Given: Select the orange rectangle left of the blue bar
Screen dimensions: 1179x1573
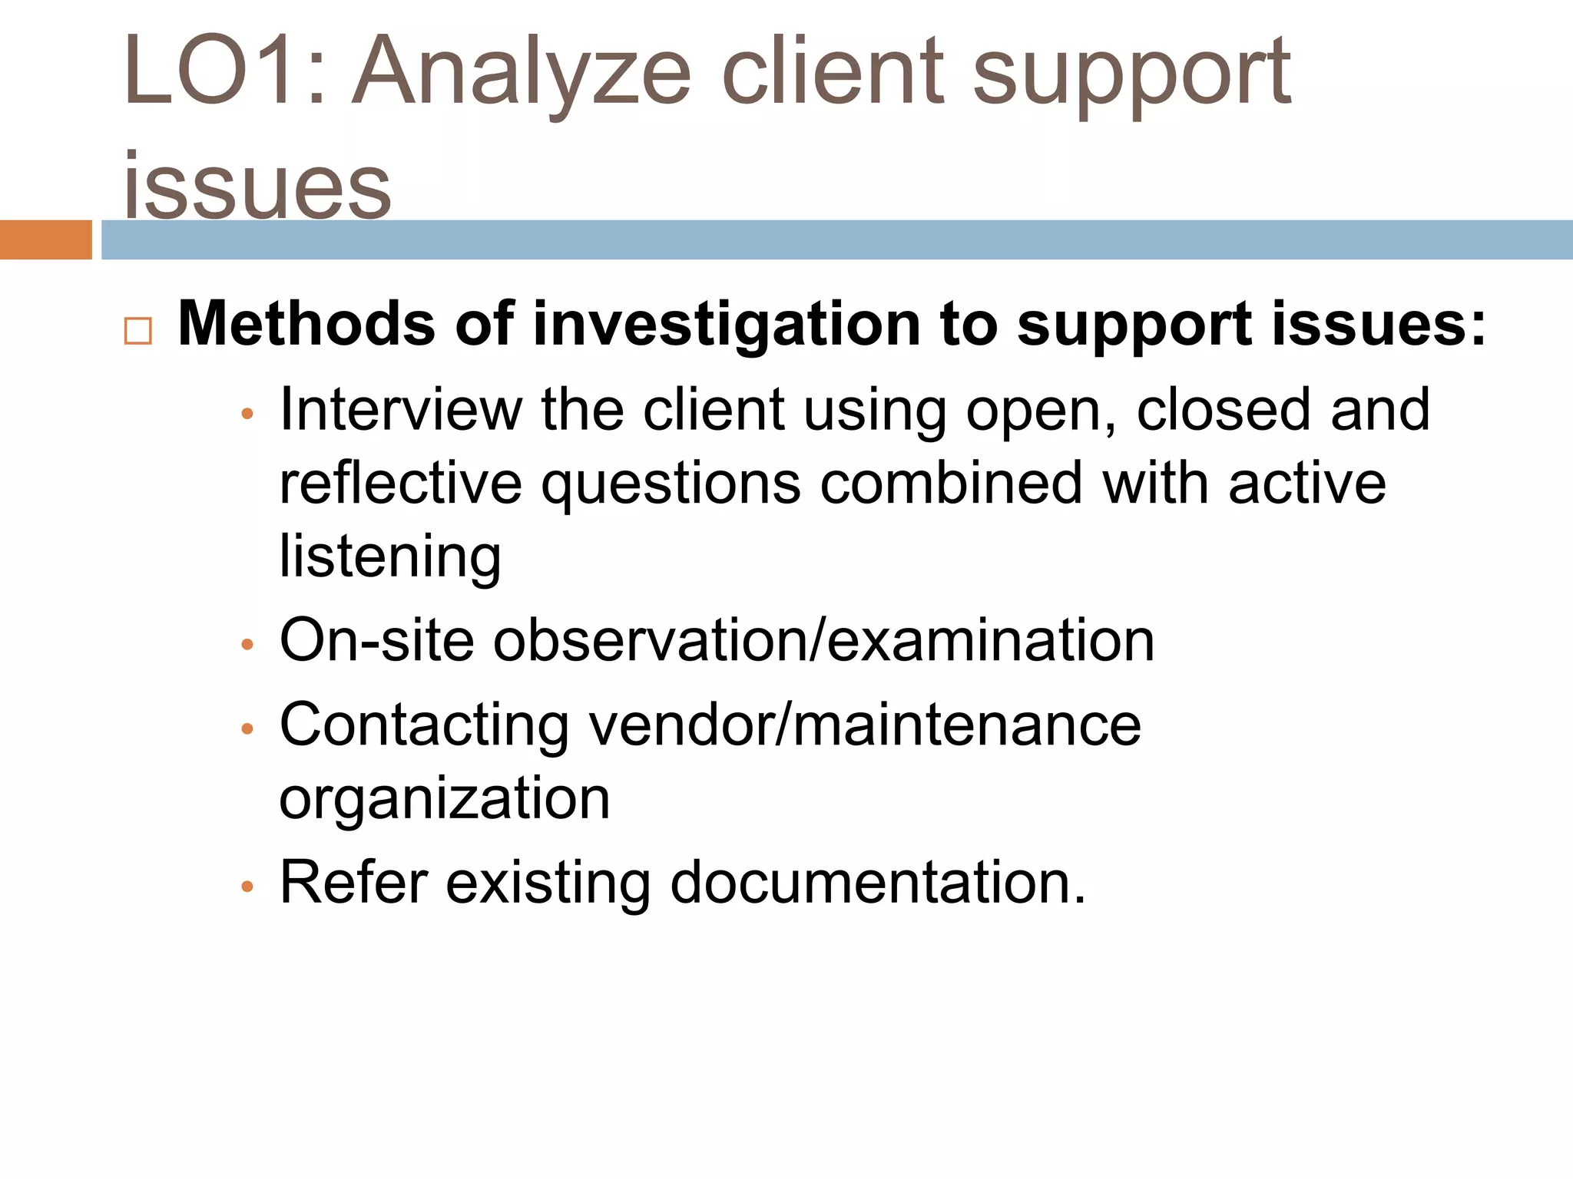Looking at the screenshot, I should point(45,239).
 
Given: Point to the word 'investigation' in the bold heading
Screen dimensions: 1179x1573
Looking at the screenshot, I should point(726,325).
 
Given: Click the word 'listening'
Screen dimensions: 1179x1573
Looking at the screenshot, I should point(390,557).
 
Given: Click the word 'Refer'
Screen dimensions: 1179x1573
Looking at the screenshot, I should point(353,882).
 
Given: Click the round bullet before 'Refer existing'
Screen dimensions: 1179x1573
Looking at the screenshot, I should point(247,887).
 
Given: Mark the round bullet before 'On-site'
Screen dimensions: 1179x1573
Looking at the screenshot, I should point(247,645).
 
